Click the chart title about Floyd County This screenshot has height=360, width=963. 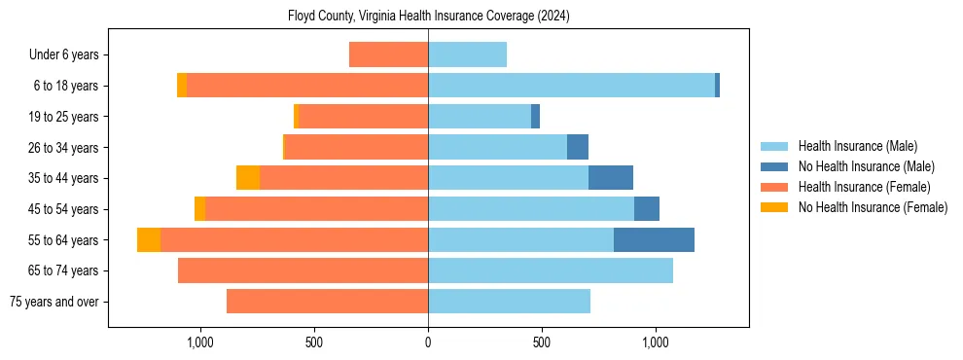428,17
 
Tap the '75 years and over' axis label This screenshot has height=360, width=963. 54,302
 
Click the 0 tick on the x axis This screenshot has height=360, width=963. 428,342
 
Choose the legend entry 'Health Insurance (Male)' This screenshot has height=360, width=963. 857,146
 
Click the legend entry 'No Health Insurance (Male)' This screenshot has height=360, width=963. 866,166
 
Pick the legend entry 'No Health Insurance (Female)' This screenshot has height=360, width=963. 873,207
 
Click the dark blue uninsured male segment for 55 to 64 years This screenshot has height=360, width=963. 654,239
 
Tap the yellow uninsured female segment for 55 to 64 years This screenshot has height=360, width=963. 149,239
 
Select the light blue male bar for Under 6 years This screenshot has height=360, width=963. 467,55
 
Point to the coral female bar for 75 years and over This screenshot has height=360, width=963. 327,302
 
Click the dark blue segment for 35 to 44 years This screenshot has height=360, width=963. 611,178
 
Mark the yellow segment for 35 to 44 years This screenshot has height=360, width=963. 248,178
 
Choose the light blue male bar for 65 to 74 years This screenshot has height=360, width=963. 551,270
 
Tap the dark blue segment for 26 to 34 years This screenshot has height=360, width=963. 578,147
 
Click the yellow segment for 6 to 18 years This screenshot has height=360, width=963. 182,86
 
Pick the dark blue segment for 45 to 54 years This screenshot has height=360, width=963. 647,209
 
